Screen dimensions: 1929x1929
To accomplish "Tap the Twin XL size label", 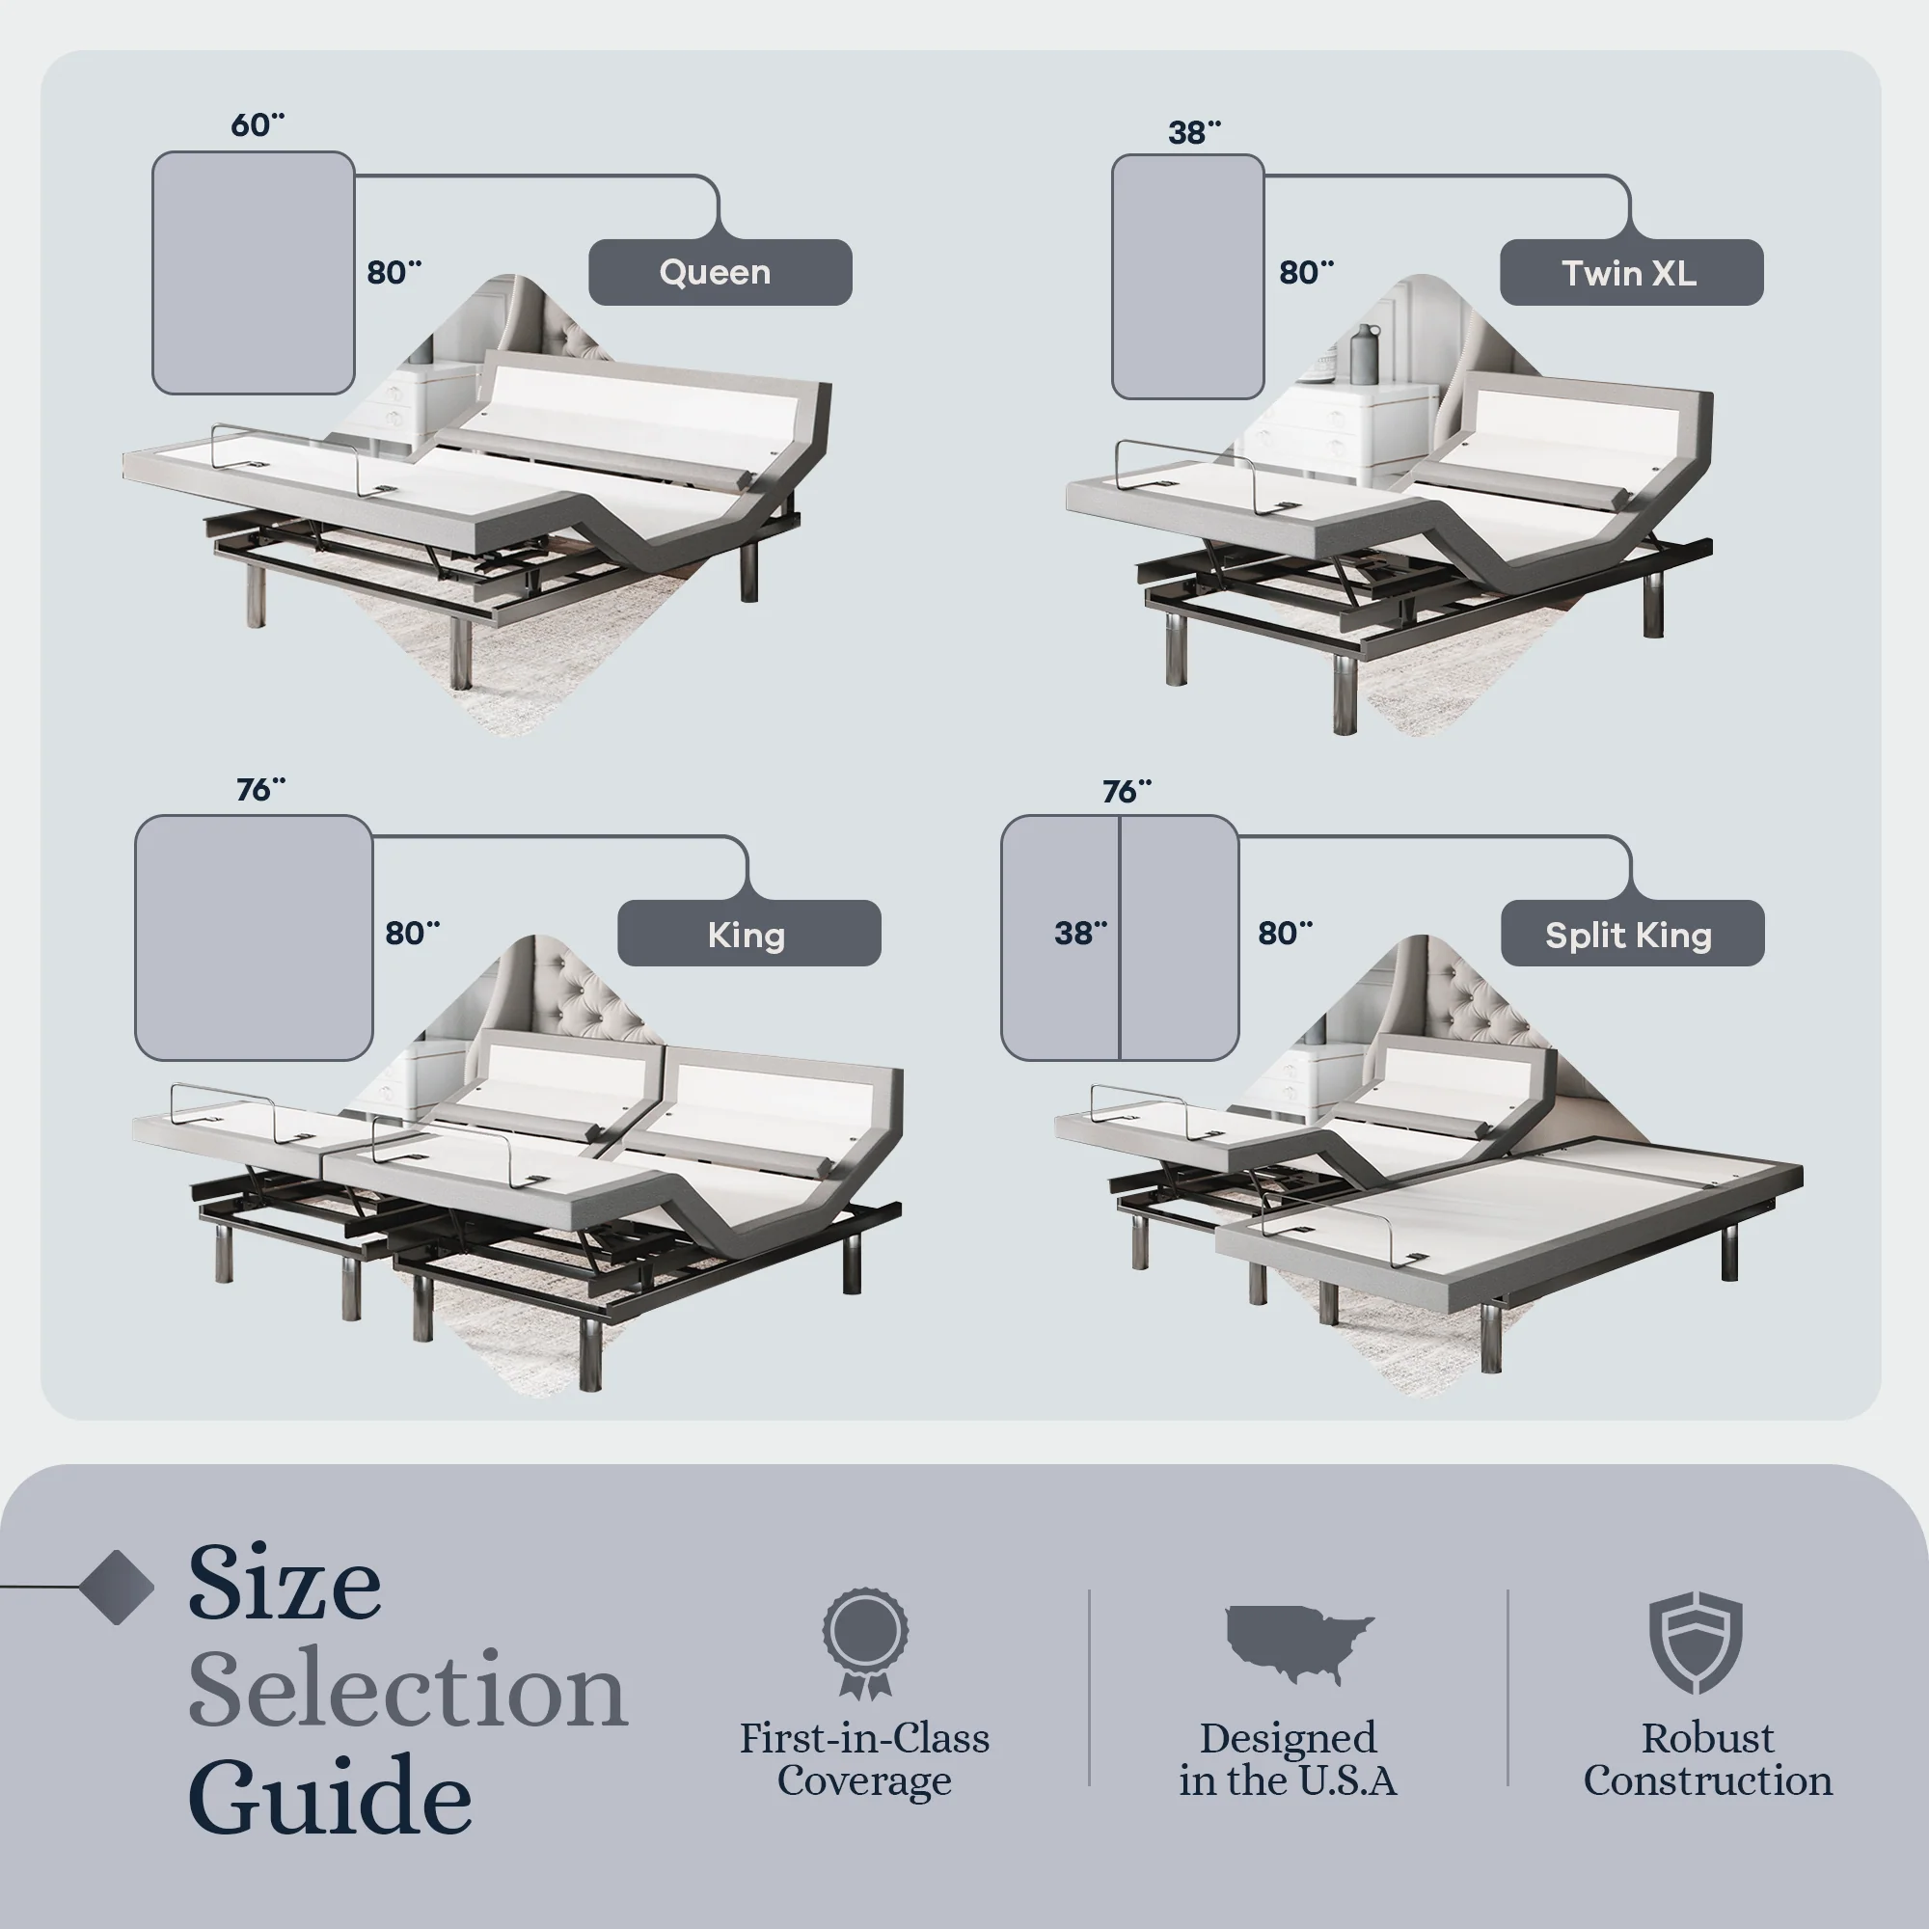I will click(x=1630, y=273).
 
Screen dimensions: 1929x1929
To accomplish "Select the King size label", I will click(x=747, y=935).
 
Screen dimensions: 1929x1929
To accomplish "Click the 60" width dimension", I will click(x=257, y=124).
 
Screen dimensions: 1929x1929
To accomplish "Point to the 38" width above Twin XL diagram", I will click(x=1194, y=132).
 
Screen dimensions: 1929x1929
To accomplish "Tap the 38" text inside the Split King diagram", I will click(x=1080, y=934).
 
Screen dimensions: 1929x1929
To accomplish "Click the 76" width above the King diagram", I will click(x=259, y=790).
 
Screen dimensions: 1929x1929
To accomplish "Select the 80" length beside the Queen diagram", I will click(x=394, y=272).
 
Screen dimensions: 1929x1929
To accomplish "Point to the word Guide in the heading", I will click(x=330, y=1796).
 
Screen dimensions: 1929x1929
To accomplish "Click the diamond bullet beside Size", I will click(x=117, y=1587).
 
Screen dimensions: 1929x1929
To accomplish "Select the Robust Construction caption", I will click(x=1707, y=1759).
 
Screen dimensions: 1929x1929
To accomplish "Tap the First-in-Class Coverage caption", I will click(x=864, y=1759).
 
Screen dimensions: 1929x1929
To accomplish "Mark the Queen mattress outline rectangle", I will click(x=253, y=273).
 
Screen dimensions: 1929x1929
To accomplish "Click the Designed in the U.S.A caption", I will click(x=1287, y=1759).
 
